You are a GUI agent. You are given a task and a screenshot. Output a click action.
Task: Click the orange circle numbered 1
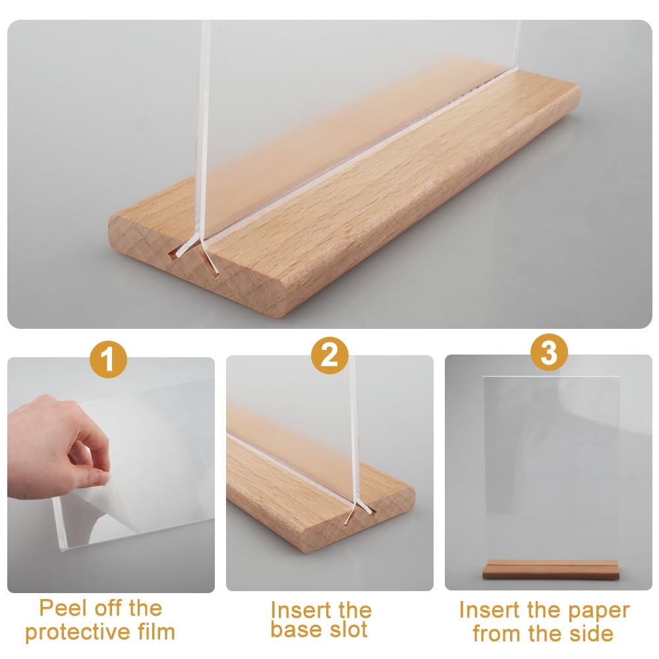(109, 359)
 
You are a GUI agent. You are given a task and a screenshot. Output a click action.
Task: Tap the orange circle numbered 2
(329, 356)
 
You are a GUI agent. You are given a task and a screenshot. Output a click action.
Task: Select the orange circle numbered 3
(549, 352)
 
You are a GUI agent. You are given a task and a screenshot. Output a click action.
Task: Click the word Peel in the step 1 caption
(62, 608)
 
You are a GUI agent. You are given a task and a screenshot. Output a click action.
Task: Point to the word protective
(78, 633)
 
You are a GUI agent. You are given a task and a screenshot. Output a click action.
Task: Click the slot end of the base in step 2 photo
(360, 514)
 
